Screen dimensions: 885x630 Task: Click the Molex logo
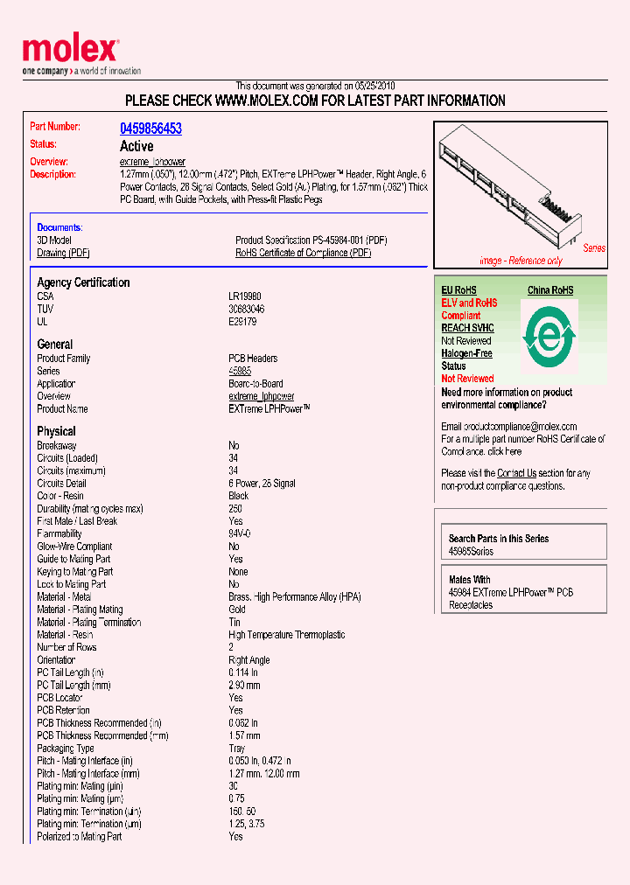(x=70, y=51)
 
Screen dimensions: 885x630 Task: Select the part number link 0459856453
(x=150, y=129)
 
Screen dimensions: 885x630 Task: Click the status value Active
(x=136, y=146)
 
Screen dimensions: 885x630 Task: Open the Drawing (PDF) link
(x=63, y=253)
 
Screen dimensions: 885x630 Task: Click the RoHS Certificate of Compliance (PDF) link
(x=303, y=253)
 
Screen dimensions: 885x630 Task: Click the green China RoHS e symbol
(x=549, y=334)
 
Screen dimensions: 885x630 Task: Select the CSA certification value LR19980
(x=245, y=296)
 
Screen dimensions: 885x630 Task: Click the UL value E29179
(x=242, y=322)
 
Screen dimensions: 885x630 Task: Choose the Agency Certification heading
(x=83, y=282)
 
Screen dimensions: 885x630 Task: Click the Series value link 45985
(x=240, y=371)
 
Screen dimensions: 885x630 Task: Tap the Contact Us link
(x=516, y=473)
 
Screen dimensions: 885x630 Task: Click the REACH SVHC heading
(x=467, y=328)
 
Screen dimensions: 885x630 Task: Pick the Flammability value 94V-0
(x=240, y=533)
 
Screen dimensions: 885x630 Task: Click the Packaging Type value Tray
(x=237, y=749)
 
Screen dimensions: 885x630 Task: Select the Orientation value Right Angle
(x=248, y=660)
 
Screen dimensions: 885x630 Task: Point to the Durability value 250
(x=235, y=508)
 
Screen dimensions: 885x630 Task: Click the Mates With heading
(x=469, y=580)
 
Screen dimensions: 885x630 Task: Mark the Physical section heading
(x=56, y=431)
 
